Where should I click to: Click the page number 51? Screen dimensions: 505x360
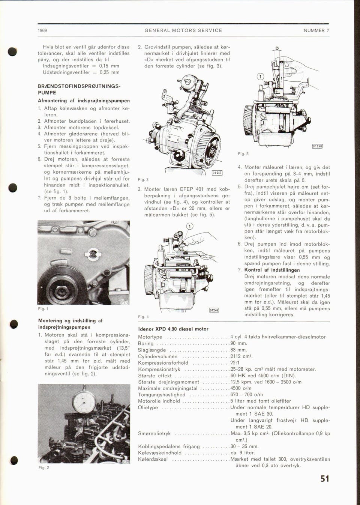click(x=325, y=479)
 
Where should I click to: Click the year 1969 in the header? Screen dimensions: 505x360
click(x=42, y=30)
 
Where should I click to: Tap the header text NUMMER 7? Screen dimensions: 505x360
click(x=316, y=30)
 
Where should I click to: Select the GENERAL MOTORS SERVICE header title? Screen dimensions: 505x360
click(x=183, y=30)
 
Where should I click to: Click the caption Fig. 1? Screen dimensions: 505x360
click(x=43, y=309)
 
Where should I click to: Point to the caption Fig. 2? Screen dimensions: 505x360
click(x=43, y=467)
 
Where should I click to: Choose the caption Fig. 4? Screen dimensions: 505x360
click(x=144, y=317)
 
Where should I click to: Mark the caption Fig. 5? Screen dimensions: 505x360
click(x=243, y=154)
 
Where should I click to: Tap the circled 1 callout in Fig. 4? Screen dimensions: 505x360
click(x=189, y=226)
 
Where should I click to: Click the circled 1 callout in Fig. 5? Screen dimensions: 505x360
click(x=259, y=77)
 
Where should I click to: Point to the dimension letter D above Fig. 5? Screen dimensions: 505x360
click(x=277, y=49)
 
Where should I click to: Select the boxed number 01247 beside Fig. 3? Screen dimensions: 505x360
click(x=217, y=173)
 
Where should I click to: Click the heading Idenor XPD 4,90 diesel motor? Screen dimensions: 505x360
click(x=173, y=329)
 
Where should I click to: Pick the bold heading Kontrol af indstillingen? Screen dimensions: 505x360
click(x=272, y=270)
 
